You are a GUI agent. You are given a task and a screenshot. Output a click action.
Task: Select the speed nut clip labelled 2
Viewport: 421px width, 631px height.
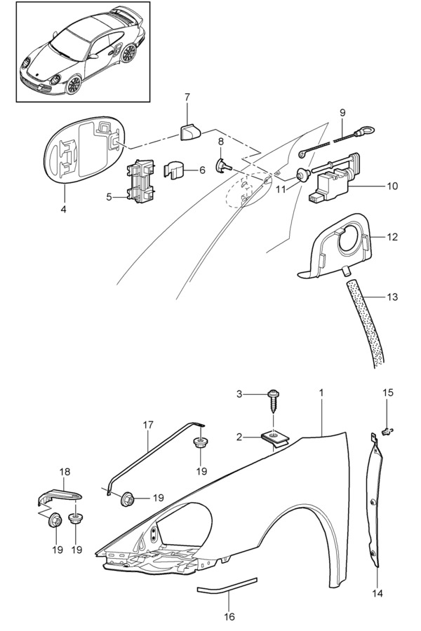click(x=276, y=437)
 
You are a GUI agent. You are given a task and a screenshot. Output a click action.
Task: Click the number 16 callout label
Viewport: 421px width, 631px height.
click(x=229, y=616)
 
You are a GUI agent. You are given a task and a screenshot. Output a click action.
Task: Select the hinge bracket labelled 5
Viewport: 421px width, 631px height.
click(x=140, y=181)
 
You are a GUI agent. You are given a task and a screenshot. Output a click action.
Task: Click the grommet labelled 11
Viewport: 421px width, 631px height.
click(x=302, y=175)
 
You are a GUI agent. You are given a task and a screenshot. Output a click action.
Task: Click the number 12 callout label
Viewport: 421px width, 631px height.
click(x=392, y=237)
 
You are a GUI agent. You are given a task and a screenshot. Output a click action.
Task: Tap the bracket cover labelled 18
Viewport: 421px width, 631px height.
click(x=60, y=496)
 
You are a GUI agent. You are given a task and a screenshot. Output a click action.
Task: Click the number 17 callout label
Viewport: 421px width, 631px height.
click(x=148, y=425)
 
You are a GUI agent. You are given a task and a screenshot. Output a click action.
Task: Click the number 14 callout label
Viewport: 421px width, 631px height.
click(x=377, y=593)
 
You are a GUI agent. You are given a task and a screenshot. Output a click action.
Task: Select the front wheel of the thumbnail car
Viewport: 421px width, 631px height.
click(x=74, y=83)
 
